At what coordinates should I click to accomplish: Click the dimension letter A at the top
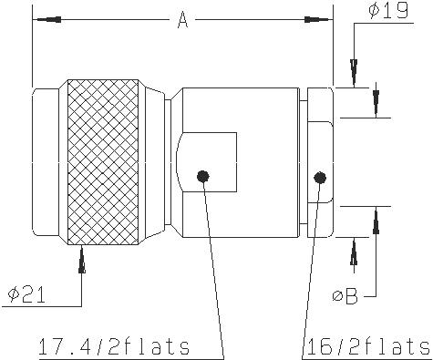tap(182, 20)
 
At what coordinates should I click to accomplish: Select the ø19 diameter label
tap(388, 10)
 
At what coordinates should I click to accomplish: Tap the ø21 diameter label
tap(27, 294)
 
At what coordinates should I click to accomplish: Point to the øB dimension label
tap(345, 295)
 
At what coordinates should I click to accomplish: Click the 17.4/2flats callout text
tap(114, 346)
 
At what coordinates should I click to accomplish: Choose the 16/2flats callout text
tap(369, 346)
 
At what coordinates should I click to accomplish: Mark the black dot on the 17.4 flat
tap(203, 176)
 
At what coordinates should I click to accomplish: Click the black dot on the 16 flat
tap(320, 178)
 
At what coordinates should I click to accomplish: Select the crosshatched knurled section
tap(103, 162)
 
